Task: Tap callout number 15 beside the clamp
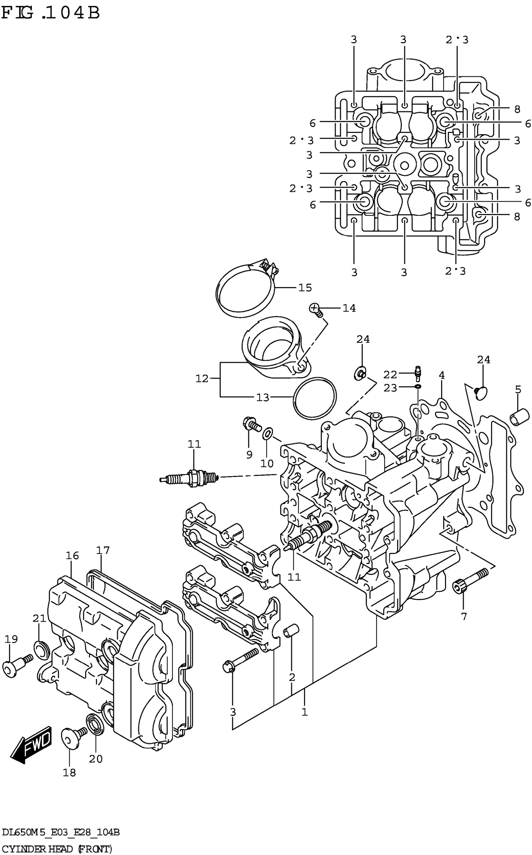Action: pos(305,288)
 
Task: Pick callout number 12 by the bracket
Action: pos(202,379)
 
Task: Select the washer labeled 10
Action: pos(267,434)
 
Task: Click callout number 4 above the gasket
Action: pos(442,376)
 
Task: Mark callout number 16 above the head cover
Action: pos(72,556)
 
